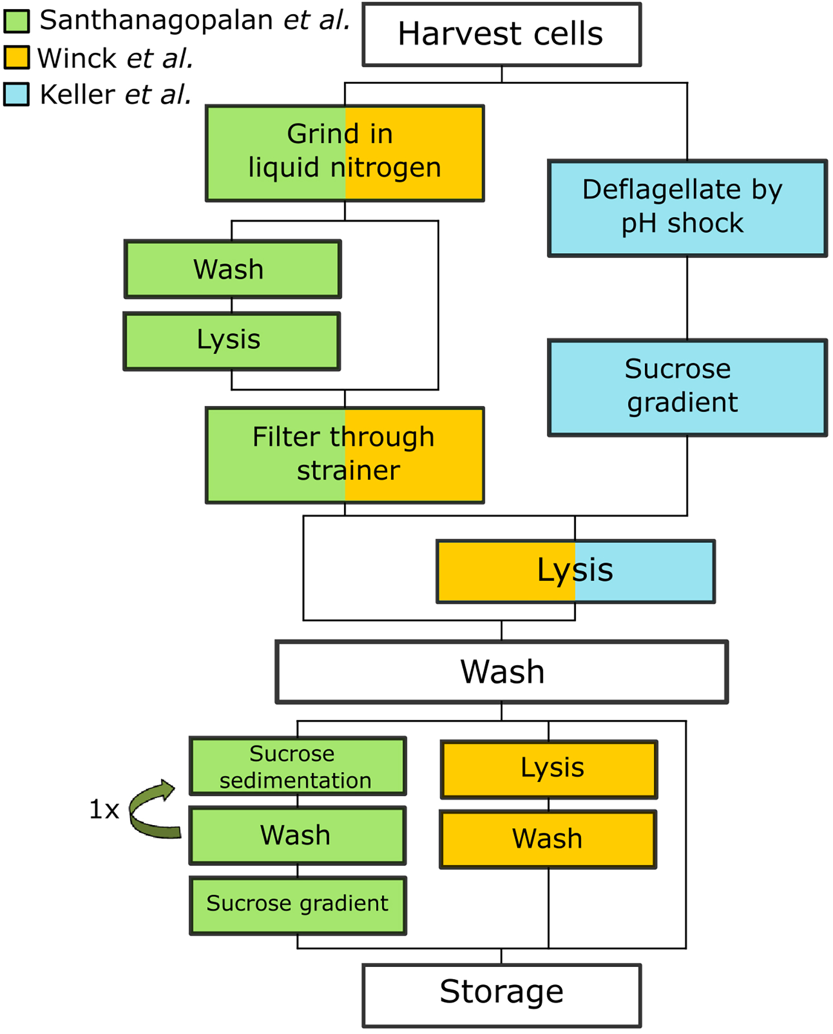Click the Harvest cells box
coord(501,34)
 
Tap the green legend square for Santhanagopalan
coord(17,21)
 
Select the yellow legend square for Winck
coord(17,58)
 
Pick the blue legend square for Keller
coord(17,94)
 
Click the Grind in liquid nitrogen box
coord(344,153)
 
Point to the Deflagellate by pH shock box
coord(687,208)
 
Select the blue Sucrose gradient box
coord(687,387)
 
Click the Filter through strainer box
coord(344,455)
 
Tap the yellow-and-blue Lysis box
coord(575,571)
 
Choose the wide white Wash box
coord(501,672)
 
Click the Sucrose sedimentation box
coord(297,766)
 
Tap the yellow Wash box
coord(548,839)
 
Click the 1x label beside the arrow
coord(104,810)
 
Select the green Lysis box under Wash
coord(231,341)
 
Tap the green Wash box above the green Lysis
coord(232,269)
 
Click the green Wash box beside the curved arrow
coord(297,836)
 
